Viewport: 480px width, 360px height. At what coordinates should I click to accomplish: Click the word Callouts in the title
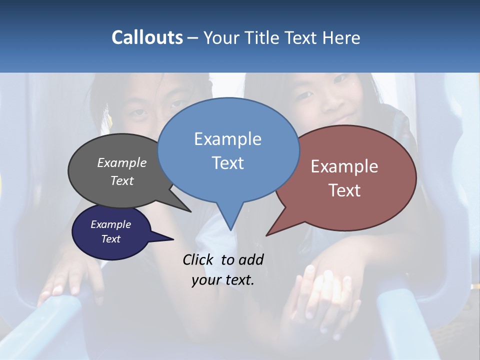147,37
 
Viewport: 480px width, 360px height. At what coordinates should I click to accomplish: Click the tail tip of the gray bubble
190,211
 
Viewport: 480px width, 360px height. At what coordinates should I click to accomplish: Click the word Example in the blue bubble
227,139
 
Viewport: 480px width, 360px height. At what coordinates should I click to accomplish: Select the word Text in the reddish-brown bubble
345,190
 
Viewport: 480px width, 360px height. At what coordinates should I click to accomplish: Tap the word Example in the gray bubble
121,162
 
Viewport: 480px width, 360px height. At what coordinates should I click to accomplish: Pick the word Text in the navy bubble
110,239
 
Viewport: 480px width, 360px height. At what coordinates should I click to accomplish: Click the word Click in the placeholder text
199,259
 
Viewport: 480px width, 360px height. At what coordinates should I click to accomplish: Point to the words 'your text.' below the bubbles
222,280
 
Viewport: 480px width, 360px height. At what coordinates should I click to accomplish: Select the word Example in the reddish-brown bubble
344,166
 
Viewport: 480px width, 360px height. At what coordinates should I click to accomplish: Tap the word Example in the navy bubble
110,224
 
